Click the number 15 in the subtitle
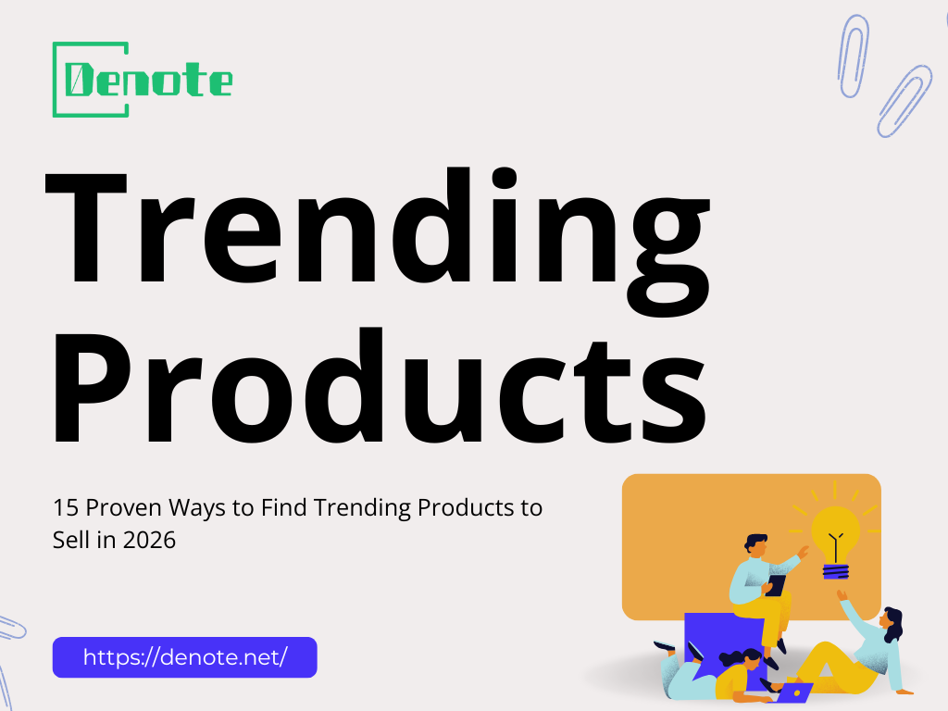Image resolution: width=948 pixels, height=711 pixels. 63,507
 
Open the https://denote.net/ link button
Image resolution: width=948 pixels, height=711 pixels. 184,657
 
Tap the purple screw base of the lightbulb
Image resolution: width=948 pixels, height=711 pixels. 835,569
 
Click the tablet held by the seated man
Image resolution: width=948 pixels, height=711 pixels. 776,585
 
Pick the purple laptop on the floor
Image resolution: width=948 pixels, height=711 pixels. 795,692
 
